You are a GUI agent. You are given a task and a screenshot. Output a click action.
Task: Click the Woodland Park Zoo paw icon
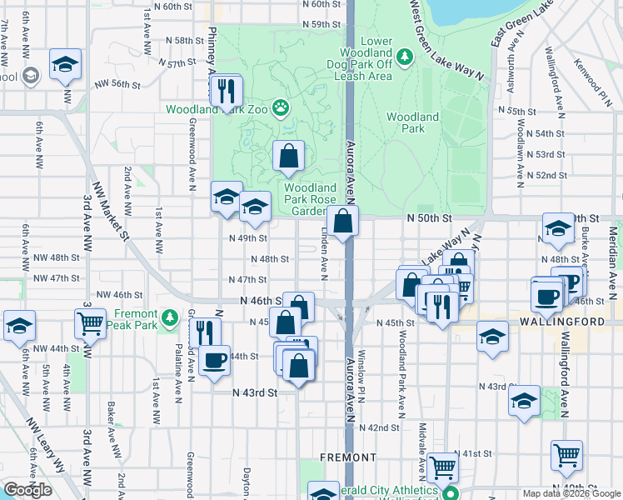coord(283,107)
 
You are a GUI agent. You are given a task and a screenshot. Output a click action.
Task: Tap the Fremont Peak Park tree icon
coord(170,317)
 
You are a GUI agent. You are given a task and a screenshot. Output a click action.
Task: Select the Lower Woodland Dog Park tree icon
coord(405,57)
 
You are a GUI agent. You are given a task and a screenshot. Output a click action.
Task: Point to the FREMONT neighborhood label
coord(348,457)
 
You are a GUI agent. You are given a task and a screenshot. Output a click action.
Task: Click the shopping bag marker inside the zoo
coord(288,156)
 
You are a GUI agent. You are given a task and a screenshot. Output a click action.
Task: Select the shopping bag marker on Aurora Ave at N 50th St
coord(342,222)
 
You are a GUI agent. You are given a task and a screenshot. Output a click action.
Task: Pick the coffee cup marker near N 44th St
coord(215,361)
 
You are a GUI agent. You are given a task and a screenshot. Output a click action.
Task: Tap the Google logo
coord(27,490)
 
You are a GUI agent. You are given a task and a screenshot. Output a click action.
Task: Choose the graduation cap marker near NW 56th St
coord(64,66)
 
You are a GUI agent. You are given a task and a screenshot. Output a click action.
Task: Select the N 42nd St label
coord(384,427)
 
